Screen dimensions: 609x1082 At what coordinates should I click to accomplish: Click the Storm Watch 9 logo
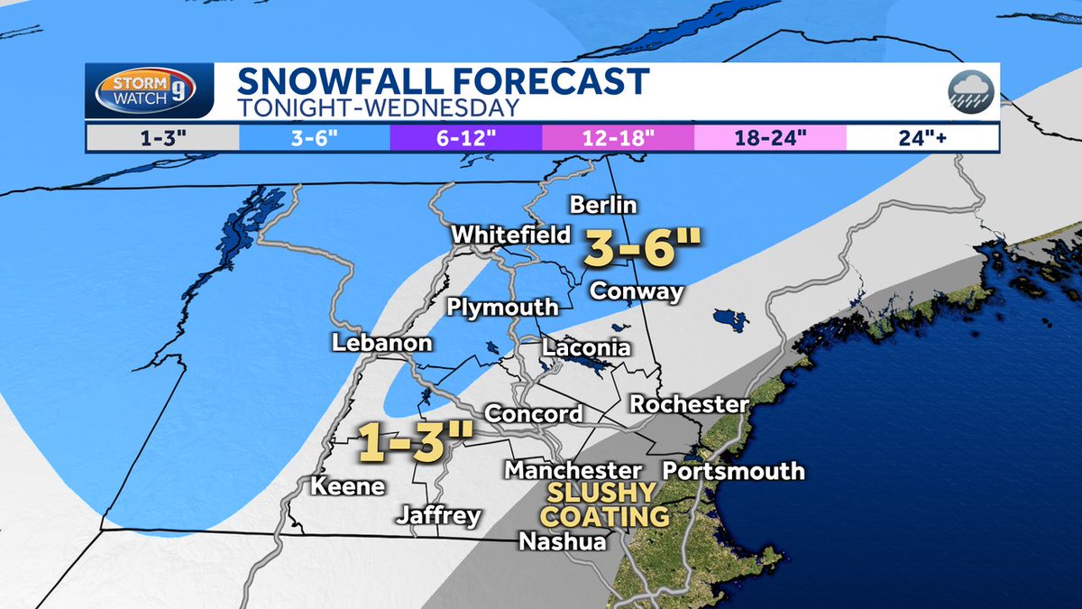click(150, 92)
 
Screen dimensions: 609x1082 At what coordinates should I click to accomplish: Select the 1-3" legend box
click(161, 137)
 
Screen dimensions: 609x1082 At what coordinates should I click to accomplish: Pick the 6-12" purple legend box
click(465, 137)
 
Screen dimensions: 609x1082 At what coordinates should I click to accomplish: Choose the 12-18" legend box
click(618, 137)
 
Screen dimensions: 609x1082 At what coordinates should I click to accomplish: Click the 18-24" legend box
click(770, 137)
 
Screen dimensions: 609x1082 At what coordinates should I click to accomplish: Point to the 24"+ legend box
click(922, 137)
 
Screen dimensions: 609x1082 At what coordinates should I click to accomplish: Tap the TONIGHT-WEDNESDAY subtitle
click(379, 107)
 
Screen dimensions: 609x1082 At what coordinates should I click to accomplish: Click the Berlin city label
click(603, 205)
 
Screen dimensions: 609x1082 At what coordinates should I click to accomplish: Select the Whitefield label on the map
click(511, 235)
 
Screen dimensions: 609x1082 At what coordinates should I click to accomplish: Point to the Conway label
click(636, 291)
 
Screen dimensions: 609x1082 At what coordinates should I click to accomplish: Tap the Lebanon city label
click(381, 344)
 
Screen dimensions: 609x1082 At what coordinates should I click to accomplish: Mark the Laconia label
click(586, 347)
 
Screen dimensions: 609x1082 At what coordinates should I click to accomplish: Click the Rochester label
click(689, 403)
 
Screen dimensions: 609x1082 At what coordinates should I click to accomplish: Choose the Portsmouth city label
click(733, 471)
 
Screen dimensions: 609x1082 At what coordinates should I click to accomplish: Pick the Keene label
click(348, 486)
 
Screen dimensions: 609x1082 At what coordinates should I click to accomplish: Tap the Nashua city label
click(562, 541)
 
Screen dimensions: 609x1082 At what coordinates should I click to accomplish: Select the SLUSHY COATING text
click(604, 505)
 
